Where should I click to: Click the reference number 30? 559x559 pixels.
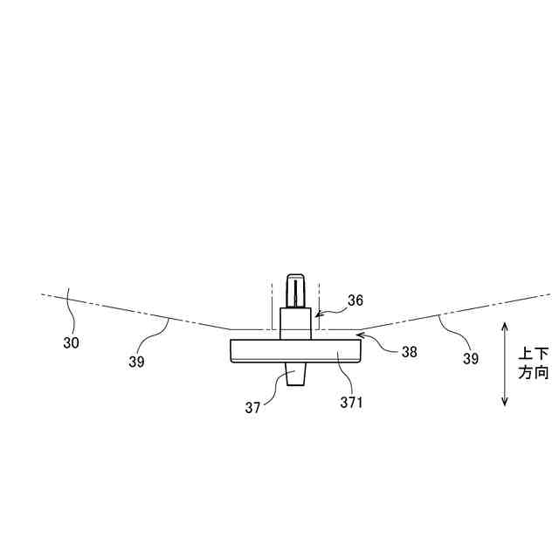click(x=71, y=343)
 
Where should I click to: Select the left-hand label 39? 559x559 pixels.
click(x=136, y=360)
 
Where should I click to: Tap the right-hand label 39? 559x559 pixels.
click(x=470, y=358)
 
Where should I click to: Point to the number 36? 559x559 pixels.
click(x=355, y=300)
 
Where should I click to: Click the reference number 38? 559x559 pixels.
click(x=409, y=352)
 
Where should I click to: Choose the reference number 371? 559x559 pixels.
click(x=351, y=403)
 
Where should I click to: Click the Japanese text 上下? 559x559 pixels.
click(x=534, y=355)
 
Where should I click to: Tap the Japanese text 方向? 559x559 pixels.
click(x=534, y=373)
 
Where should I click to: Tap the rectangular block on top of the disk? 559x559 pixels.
click(x=295, y=321)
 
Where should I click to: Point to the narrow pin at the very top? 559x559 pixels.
click(x=297, y=289)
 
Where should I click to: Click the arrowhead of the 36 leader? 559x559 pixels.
click(x=316, y=311)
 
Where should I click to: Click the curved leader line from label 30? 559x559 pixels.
click(x=70, y=314)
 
